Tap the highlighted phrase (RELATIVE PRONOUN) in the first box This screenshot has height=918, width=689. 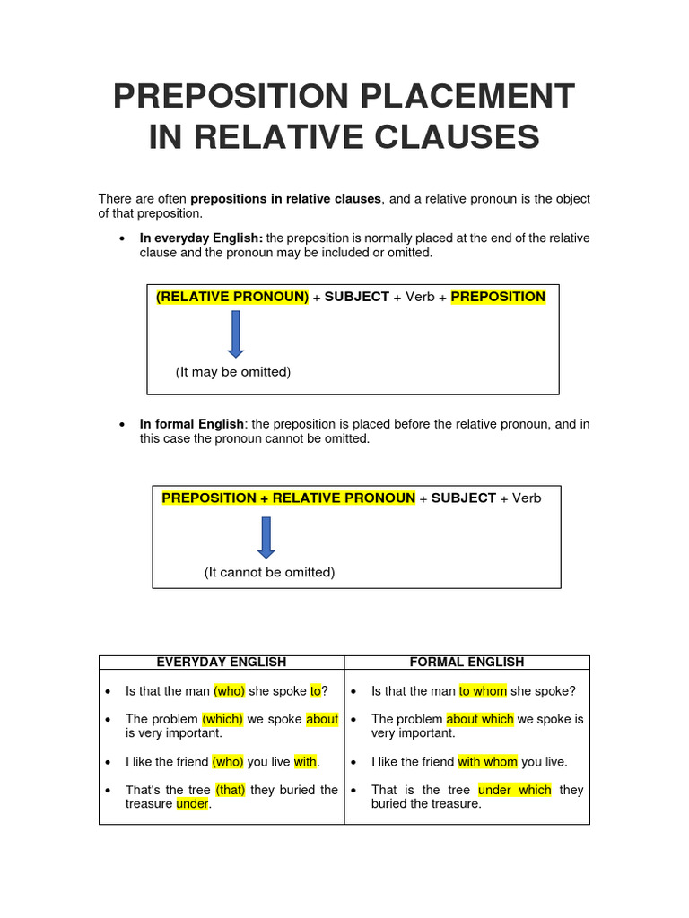(232, 297)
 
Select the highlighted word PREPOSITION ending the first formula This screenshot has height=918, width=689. (498, 297)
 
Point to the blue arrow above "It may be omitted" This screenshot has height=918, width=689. (236, 334)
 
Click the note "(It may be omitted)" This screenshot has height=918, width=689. (233, 372)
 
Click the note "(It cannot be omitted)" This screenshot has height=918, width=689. (269, 572)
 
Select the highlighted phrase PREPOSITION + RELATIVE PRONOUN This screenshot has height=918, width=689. (289, 498)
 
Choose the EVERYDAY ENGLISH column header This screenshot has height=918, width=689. (222, 663)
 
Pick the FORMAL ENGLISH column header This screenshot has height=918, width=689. (467, 663)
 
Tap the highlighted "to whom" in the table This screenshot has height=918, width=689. (483, 691)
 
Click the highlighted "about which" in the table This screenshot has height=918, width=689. (480, 719)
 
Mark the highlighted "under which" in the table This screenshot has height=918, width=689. (515, 790)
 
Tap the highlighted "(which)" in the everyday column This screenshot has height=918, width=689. (222, 719)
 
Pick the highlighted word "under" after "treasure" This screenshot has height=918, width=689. (192, 804)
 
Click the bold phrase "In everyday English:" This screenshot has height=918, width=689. (201, 238)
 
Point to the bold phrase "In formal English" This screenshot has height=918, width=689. (192, 424)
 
